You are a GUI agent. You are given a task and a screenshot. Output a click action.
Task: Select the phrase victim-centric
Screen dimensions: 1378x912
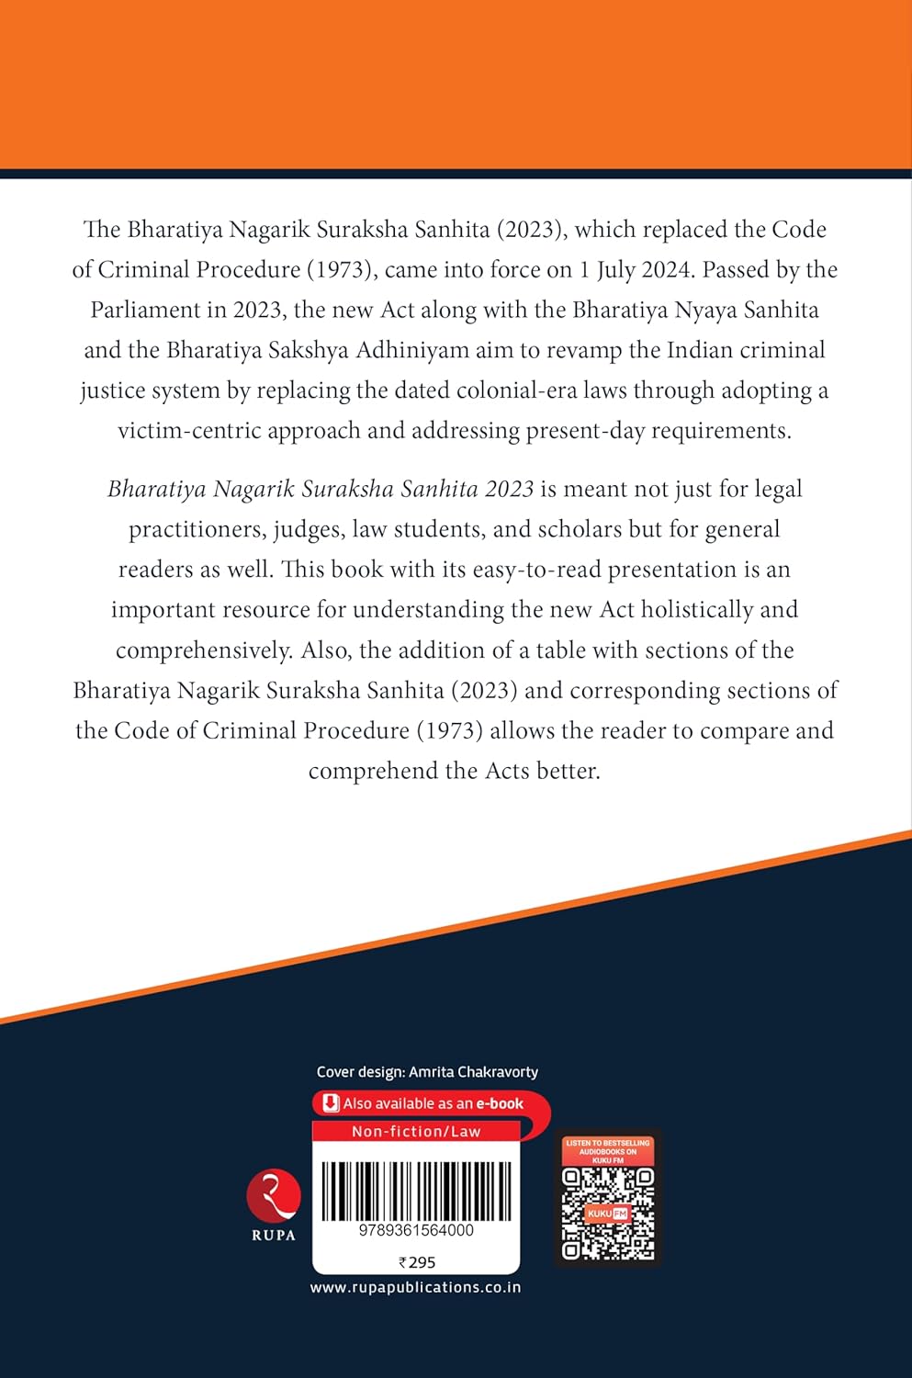click(x=189, y=431)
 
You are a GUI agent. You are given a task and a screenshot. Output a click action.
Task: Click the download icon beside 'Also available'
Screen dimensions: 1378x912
click(x=331, y=1103)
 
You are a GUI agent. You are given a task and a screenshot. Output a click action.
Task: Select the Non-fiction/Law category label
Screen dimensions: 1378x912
click(x=416, y=1132)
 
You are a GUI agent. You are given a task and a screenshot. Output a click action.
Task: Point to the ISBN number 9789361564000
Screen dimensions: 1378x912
click(x=416, y=1230)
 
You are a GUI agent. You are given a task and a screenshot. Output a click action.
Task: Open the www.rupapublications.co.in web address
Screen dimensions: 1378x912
click(x=415, y=1288)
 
